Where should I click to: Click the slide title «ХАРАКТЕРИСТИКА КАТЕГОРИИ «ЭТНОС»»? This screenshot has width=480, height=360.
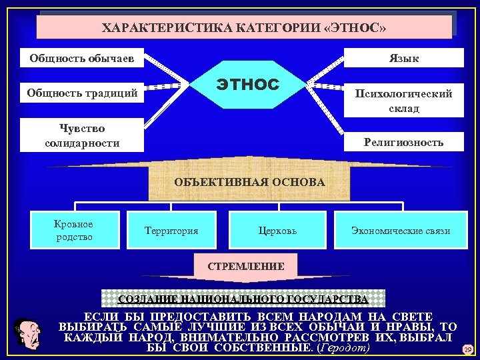[x=244, y=28]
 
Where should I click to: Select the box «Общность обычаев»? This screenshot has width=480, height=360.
[x=82, y=58]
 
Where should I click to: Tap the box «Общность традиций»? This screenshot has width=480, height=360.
[x=82, y=93]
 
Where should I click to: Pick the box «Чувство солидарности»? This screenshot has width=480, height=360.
[x=82, y=135]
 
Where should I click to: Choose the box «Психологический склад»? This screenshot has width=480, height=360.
[x=403, y=101]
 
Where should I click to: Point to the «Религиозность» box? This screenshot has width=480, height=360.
[x=403, y=142]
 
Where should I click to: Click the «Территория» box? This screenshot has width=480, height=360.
[x=171, y=231]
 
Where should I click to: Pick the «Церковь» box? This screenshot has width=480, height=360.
[x=277, y=231]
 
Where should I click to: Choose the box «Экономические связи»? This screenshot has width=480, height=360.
[x=401, y=231]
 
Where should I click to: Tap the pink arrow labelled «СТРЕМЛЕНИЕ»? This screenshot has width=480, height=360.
[x=246, y=266]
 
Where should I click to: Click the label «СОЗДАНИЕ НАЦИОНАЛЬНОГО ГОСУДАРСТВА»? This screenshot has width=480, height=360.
[x=243, y=298]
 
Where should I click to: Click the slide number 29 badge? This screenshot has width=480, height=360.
[x=467, y=349]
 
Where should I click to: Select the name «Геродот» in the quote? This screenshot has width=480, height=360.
[x=344, y=348]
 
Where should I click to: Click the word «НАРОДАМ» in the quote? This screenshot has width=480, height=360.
[x=336, y=316]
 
